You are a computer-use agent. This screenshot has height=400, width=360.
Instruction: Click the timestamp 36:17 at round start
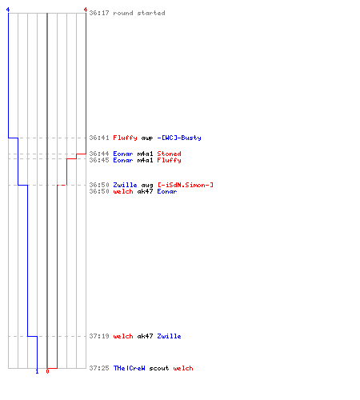99,13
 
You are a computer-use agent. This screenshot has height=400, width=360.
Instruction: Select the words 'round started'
139,13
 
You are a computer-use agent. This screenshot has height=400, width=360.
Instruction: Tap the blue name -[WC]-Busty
179,138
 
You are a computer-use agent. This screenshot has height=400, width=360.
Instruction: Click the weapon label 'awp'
147,138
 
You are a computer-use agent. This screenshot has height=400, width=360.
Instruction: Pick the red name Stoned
169,154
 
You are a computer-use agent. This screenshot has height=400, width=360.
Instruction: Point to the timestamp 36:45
99,160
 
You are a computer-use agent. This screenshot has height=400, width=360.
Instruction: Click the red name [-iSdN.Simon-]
186,185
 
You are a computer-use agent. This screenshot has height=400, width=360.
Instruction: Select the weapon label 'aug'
147,186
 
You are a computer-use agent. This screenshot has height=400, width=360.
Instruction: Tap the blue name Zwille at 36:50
125,185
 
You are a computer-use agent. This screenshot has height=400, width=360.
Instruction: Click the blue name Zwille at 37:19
169,336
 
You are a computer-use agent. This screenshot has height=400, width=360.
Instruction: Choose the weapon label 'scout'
159,368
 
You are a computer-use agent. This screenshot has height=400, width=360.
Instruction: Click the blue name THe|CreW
129,368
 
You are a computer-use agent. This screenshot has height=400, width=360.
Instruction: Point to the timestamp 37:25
99,368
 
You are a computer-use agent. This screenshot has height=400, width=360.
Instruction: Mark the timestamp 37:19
99,336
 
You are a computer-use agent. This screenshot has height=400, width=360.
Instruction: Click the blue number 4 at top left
8,10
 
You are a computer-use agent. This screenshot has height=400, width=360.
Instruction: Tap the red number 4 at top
86,10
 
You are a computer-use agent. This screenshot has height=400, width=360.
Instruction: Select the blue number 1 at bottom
37,371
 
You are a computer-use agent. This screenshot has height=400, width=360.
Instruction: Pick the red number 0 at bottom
47,371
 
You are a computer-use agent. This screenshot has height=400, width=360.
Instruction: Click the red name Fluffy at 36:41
125,138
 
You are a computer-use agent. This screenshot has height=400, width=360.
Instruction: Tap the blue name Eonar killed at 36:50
167,191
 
